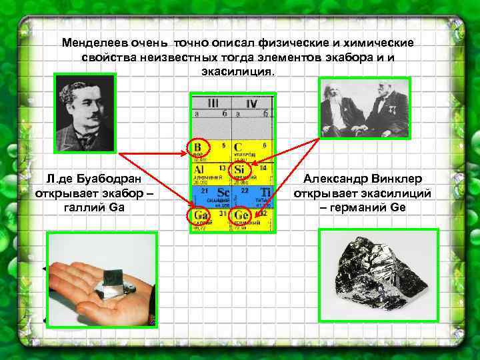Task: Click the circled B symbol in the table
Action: pos(198,147)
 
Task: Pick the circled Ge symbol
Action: pos(240,215)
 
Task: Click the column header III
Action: pos(212,103)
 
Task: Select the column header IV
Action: pos(251,104)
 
